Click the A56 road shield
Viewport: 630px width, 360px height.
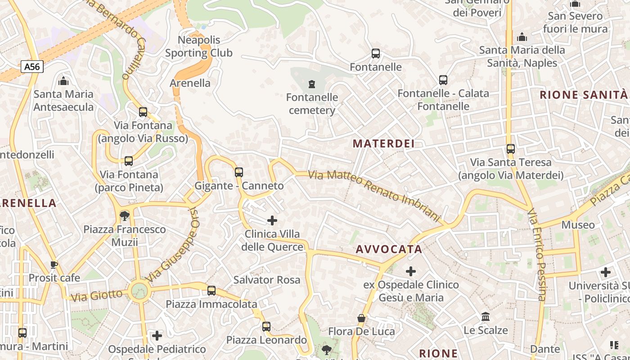tap(32, 67)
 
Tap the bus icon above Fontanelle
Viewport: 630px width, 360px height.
tap(376, 54)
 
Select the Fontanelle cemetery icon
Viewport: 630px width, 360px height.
tap(311, 84)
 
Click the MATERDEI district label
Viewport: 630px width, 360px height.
tap(383, 144)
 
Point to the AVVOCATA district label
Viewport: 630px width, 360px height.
tap(389, 249)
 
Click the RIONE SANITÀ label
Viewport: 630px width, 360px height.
tap(583, 95)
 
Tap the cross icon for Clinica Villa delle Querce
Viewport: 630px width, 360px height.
tap(272, 220)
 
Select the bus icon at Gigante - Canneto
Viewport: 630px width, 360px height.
tap(239, 172)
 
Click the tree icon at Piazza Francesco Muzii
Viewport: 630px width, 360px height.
tap(125, 216)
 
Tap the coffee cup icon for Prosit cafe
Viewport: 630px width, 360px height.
tap(54, 265)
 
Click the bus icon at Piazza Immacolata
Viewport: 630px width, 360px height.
tap(211, 291)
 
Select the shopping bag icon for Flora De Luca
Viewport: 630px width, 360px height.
tap(361, 318)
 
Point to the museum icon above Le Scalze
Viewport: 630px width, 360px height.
tap(486, 317)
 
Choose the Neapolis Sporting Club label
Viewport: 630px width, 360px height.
tap(199, 46)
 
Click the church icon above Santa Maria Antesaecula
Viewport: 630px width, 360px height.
tap(63, 81)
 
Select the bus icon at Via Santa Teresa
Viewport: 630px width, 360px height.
tap(510, 148)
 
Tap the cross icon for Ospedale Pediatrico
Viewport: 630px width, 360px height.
tap(157, 335)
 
